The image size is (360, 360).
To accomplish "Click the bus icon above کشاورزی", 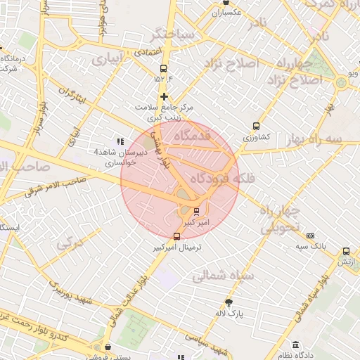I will pos(256,127).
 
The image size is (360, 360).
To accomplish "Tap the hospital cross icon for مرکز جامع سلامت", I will pos(164,96).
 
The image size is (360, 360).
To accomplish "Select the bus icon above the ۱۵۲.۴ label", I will pos(164,69).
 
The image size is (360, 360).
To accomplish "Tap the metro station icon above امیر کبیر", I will pos(196,211).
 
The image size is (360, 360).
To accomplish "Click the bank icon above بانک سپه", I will pos(311,236).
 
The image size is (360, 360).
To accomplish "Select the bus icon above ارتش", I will pos(346,251).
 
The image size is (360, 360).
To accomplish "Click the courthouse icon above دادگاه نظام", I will pos(296,345).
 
